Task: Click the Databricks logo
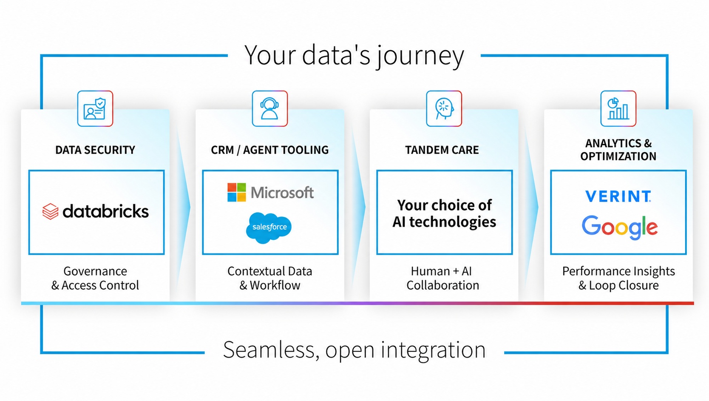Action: click(x=96, y=211)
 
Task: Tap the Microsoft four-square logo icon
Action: click(x=236, y=192)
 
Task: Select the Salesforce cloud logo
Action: click(x=269, y=228)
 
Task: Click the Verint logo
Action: click(x=618, y=196)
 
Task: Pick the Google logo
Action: click(x=619, y=227)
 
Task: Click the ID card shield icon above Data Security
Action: click(x=95, y=108)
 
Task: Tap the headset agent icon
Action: click(x=269, y=108)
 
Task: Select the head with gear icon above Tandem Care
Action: click(x=444, y=108)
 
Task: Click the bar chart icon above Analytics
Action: click(x=618, y=108)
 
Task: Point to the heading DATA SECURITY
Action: click(x=95, y=150)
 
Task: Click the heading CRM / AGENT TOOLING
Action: click(x=269, y=150)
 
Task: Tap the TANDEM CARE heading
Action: click(x=442, y=150)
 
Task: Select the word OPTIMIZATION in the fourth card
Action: click(x=618, y=156)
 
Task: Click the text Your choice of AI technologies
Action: click(x=444, y=213)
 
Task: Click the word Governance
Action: click(x=95, y=271)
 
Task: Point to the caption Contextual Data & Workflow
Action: click(x=269, y=278)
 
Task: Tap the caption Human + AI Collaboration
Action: click(x=442, y=278)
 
